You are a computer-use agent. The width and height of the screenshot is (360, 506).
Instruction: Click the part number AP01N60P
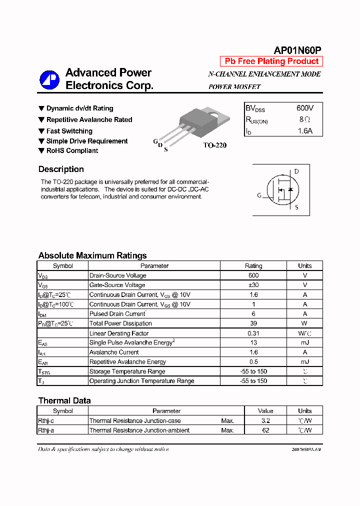pos(297,50)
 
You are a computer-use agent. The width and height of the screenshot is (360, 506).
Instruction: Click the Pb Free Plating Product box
pos(271,61)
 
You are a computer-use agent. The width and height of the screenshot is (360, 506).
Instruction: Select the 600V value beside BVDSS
pos(305,108)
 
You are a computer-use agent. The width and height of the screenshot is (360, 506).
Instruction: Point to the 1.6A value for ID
pos(305,131)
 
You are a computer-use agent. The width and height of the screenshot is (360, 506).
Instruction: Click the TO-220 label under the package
pos(215,145)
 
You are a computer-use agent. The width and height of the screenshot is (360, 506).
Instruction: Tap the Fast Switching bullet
pos(69,131)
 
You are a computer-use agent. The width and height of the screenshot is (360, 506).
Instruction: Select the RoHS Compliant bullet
pos(72,150)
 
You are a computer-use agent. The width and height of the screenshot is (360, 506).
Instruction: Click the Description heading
pos(61,169)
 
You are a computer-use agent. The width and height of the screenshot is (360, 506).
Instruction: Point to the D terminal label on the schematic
pos(296,171)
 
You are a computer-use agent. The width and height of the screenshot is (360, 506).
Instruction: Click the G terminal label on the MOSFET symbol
pos(259,195)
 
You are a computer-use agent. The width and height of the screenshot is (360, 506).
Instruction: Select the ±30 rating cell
pos(253,285)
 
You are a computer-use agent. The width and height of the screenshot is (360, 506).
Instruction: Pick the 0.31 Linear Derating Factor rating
pos(253,333)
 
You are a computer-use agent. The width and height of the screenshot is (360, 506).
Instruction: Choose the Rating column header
pos(253,266)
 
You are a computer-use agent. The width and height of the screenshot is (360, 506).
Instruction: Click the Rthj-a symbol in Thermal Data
pos(49,430)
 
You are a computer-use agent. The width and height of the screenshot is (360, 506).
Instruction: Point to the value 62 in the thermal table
pos(265,430)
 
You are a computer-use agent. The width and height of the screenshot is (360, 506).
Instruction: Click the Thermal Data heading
pos(64,400)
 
